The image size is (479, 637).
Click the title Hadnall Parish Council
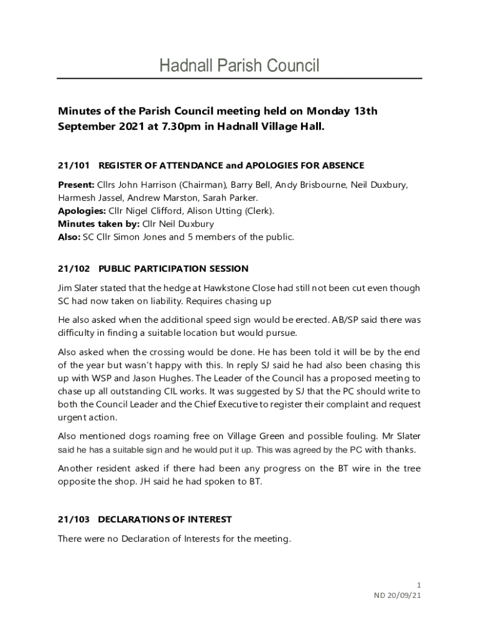240,65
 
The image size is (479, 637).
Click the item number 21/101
74,165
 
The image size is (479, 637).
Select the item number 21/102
74,269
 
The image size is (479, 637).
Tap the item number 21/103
74,519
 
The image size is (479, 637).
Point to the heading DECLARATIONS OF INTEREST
165,519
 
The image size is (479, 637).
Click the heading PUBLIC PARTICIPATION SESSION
174,269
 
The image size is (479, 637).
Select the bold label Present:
76,185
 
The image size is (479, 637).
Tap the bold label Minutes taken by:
98,223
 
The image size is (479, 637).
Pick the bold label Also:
68,236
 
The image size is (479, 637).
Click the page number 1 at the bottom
419,585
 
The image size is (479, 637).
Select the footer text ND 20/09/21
398,595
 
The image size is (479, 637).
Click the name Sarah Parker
238,198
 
